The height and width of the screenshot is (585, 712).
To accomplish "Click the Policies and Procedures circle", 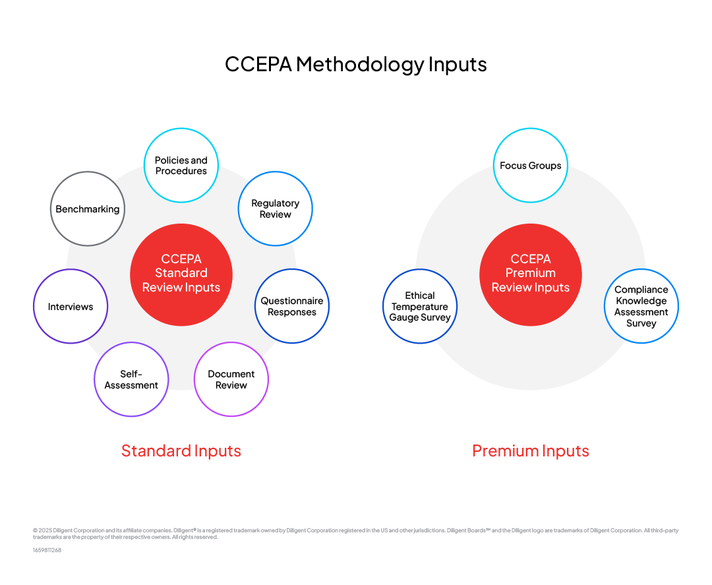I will [x=181, y=166].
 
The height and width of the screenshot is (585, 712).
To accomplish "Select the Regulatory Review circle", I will [x=275, y=209].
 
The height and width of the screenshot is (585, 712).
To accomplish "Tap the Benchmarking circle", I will [x=88, y=209].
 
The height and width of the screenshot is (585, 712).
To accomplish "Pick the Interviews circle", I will [x=71, y=307].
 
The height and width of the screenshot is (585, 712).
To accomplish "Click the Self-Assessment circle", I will [x=131, y=379].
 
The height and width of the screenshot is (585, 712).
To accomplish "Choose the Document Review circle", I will [x=231, y=379].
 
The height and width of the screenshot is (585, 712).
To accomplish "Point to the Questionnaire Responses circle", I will [x=292, y=307].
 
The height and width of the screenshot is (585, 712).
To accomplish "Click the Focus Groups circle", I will [x=531, y=166].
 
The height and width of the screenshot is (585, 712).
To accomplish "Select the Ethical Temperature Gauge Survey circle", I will [x=420, y=307].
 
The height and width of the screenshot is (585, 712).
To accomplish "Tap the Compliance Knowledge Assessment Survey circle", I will [x=641, y=307].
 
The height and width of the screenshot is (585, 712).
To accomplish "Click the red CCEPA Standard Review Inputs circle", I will [x=181, y=274].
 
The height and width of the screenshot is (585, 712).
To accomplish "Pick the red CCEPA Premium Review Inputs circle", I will [x=531, y=274].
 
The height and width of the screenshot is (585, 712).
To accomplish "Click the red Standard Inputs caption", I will [x=181, y=451].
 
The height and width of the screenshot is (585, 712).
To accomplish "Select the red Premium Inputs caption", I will [x=531, y=451].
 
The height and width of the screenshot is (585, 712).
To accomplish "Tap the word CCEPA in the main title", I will [x=258, y=65].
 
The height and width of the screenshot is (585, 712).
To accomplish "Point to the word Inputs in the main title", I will [x=458, y=65].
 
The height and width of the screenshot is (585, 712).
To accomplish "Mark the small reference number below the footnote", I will [x=47, y=550].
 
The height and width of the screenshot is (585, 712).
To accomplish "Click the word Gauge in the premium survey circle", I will [x=403, y=317].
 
